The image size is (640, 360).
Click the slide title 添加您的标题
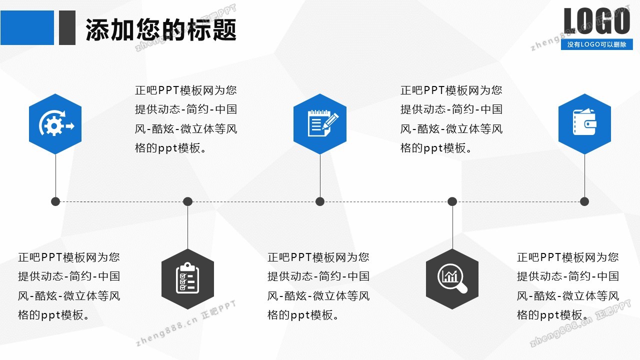click(x=161, y=30)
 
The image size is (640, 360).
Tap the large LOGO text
click(x=597, y=21)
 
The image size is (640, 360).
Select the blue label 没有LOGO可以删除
click(x=596, y=44)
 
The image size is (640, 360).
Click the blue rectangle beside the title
click(x=27, y=28)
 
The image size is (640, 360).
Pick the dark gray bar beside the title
click(x=67, y=28)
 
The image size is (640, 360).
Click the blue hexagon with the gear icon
click(x=55, y=124)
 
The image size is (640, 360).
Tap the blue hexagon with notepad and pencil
click(x=320, y=124)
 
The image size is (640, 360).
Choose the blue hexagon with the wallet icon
click(x=584, y=124)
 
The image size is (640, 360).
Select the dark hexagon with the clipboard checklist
click(x=187, y=278)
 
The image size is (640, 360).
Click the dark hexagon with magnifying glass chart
click(x=452, y=278)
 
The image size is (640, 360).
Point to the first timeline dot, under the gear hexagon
click(x=55, y=201)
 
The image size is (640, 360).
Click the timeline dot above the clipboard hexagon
click(x=187, y=201)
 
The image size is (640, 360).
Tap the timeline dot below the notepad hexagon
click(x=320, y=201)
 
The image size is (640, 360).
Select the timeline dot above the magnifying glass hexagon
click(x=452, y=201)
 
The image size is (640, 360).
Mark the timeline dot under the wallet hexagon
click(x=584, y=201)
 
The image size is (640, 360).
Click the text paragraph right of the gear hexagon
click(x=186, y=119)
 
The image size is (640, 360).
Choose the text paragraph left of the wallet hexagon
click(x=451, y=119)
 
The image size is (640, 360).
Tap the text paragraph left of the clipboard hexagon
click(x=69, y=286)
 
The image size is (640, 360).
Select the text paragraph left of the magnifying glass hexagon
click(x=318, y=286)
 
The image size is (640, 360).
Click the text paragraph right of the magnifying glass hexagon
click(x=568, y=286)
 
